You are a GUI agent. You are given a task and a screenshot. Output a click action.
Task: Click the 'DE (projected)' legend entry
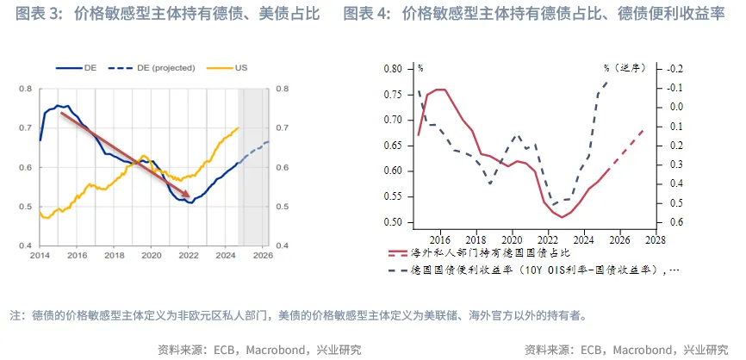(162, 67)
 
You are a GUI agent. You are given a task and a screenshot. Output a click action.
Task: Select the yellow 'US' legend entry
(242, 67)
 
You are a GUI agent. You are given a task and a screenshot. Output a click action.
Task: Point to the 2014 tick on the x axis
(40, 256)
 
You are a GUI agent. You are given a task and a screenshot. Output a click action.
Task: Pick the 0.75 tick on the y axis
(392, 94)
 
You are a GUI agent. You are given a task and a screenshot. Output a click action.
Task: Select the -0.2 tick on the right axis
(675, 68)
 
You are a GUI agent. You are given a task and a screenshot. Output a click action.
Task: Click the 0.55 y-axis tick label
(392, 196)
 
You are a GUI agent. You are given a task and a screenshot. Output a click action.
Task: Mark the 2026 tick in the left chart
(263, 256)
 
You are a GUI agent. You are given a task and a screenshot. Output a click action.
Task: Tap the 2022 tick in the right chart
(546, 239)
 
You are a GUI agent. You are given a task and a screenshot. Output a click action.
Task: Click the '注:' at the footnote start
(16, 315)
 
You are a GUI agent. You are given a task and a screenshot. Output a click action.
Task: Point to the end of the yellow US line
(239, 127)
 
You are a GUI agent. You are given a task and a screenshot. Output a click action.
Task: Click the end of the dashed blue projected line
(269, 141)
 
